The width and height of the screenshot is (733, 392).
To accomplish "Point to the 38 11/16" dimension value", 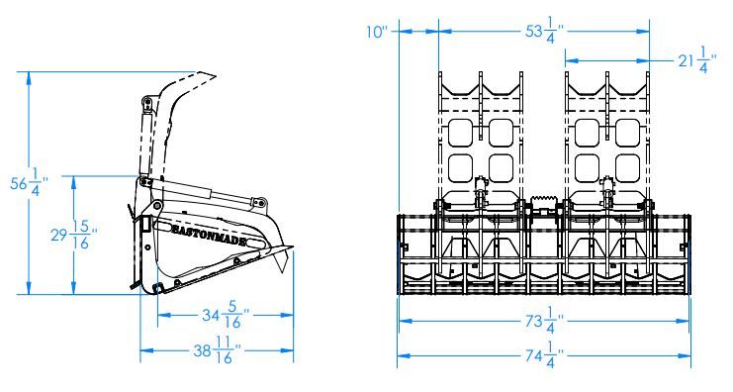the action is pyautogui.click(x=218, y=349).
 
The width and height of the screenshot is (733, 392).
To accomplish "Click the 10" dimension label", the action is pyautogui.click(x=377, y=32).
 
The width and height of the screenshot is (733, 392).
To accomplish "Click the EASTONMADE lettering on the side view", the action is pyautogui.click(x=209, y=235).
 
